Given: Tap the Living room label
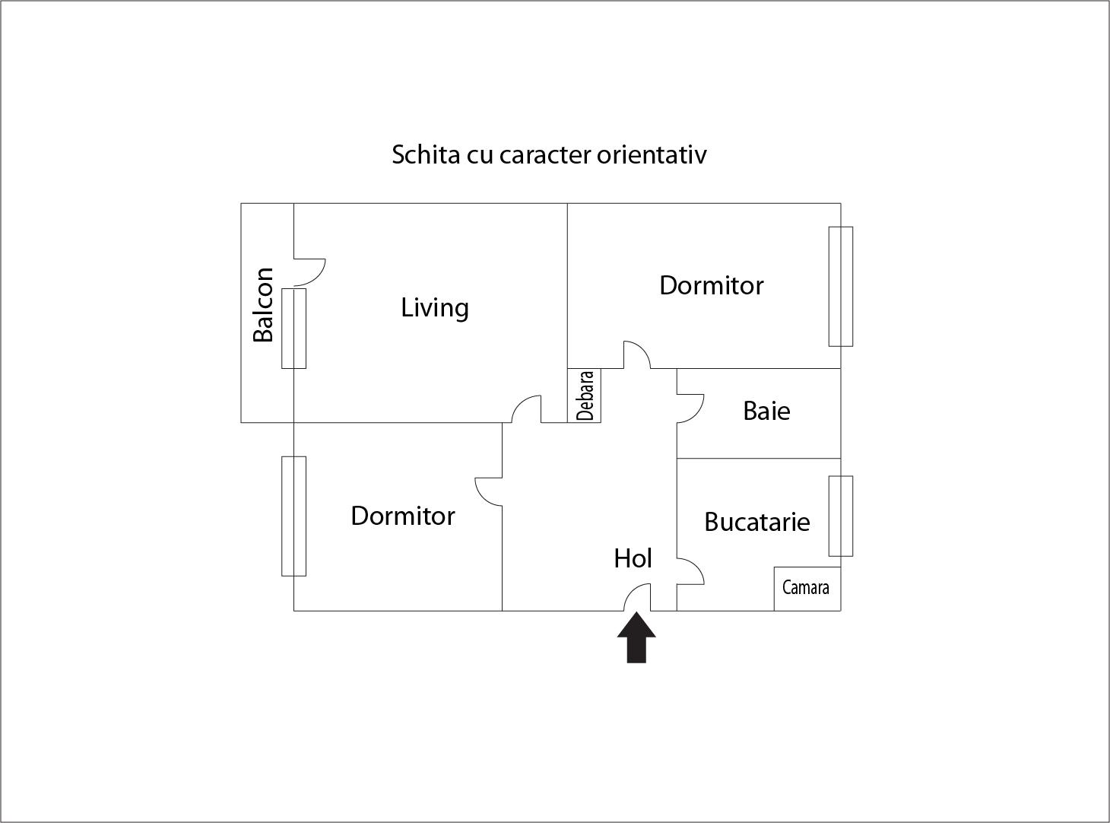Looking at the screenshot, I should (435, 308).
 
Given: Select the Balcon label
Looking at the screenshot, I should (263, 305).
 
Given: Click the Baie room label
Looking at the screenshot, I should (766, 411).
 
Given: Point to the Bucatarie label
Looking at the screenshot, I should (757, 522).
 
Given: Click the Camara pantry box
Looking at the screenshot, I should (807, 588).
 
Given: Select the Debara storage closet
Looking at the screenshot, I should (585, 396).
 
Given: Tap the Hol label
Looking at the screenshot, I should (633, 559).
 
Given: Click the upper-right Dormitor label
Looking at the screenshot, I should (711, 285).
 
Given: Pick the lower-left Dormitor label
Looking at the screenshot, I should (403, 516).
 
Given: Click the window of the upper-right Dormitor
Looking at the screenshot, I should (840, 286).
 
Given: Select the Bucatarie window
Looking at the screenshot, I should (840, 516).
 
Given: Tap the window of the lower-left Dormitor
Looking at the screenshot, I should (294, 516).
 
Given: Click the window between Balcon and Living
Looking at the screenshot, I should (294, 328).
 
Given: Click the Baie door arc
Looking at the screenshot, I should (692, 409).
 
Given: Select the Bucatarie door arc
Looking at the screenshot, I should (692, 570).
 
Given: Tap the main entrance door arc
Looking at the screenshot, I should (637, 596).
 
